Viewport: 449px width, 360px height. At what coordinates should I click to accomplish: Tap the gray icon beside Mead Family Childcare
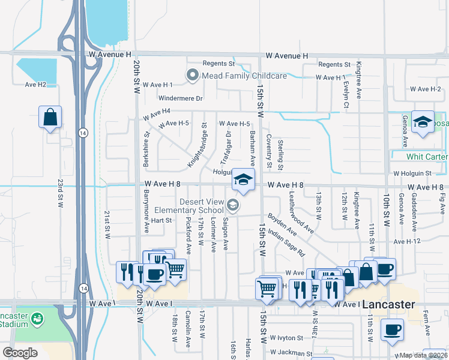[193, 76]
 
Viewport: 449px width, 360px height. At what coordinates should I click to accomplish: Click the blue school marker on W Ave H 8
[243, 180]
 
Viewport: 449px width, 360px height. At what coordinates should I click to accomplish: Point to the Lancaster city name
[388, 304]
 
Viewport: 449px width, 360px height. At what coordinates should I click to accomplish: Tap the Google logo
[20, 353]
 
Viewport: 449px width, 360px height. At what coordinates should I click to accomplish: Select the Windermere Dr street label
[181, 98]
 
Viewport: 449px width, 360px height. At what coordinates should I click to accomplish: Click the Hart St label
[161, 220]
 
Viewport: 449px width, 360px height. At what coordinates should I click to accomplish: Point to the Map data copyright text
[423, 355]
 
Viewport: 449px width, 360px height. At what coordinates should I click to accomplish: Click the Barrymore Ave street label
[146, 211]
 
